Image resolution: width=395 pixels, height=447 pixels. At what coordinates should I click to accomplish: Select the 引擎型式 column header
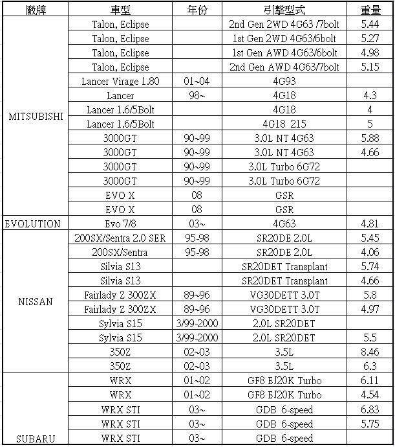[284, 10]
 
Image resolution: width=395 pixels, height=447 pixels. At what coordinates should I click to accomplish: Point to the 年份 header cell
[197, 10]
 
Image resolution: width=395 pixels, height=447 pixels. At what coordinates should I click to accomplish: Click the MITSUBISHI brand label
[36, 117]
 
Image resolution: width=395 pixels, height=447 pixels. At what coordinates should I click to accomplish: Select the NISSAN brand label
[36, 301]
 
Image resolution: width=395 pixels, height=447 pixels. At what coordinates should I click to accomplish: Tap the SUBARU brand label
[36, 439]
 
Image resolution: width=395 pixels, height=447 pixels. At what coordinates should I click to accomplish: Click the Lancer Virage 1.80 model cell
[120, 82]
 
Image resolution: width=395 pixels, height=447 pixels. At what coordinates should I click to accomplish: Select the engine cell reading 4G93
[284, 82]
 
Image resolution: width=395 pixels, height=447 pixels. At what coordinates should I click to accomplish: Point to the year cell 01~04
[197, 82]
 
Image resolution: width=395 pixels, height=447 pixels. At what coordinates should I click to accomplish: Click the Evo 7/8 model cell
[120, 224]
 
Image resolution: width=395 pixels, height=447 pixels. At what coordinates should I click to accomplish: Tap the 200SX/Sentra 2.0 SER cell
[120, 238]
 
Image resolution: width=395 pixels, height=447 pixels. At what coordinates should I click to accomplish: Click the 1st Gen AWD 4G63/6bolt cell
[284, 53]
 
